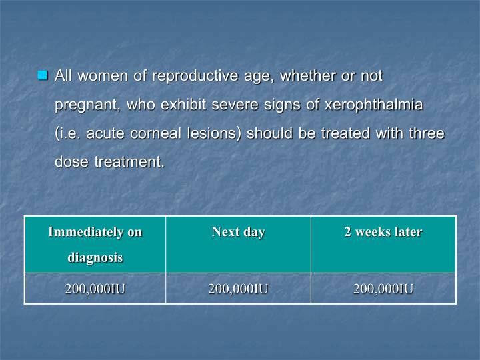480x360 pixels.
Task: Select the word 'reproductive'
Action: point(193,76)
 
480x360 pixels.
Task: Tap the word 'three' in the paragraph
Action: point(426,133)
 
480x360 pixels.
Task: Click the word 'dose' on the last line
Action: point(71,162)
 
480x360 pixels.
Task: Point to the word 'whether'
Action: point(308,76)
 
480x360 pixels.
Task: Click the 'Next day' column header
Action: point(238,232)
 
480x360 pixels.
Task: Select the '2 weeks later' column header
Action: point(383,232)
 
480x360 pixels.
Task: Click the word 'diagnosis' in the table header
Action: point(95,257)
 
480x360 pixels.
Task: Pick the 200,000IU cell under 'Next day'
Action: point(238,289)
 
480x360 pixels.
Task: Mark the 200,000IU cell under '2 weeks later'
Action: point(383,289)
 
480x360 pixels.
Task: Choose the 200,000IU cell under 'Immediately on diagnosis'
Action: point(95,289)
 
